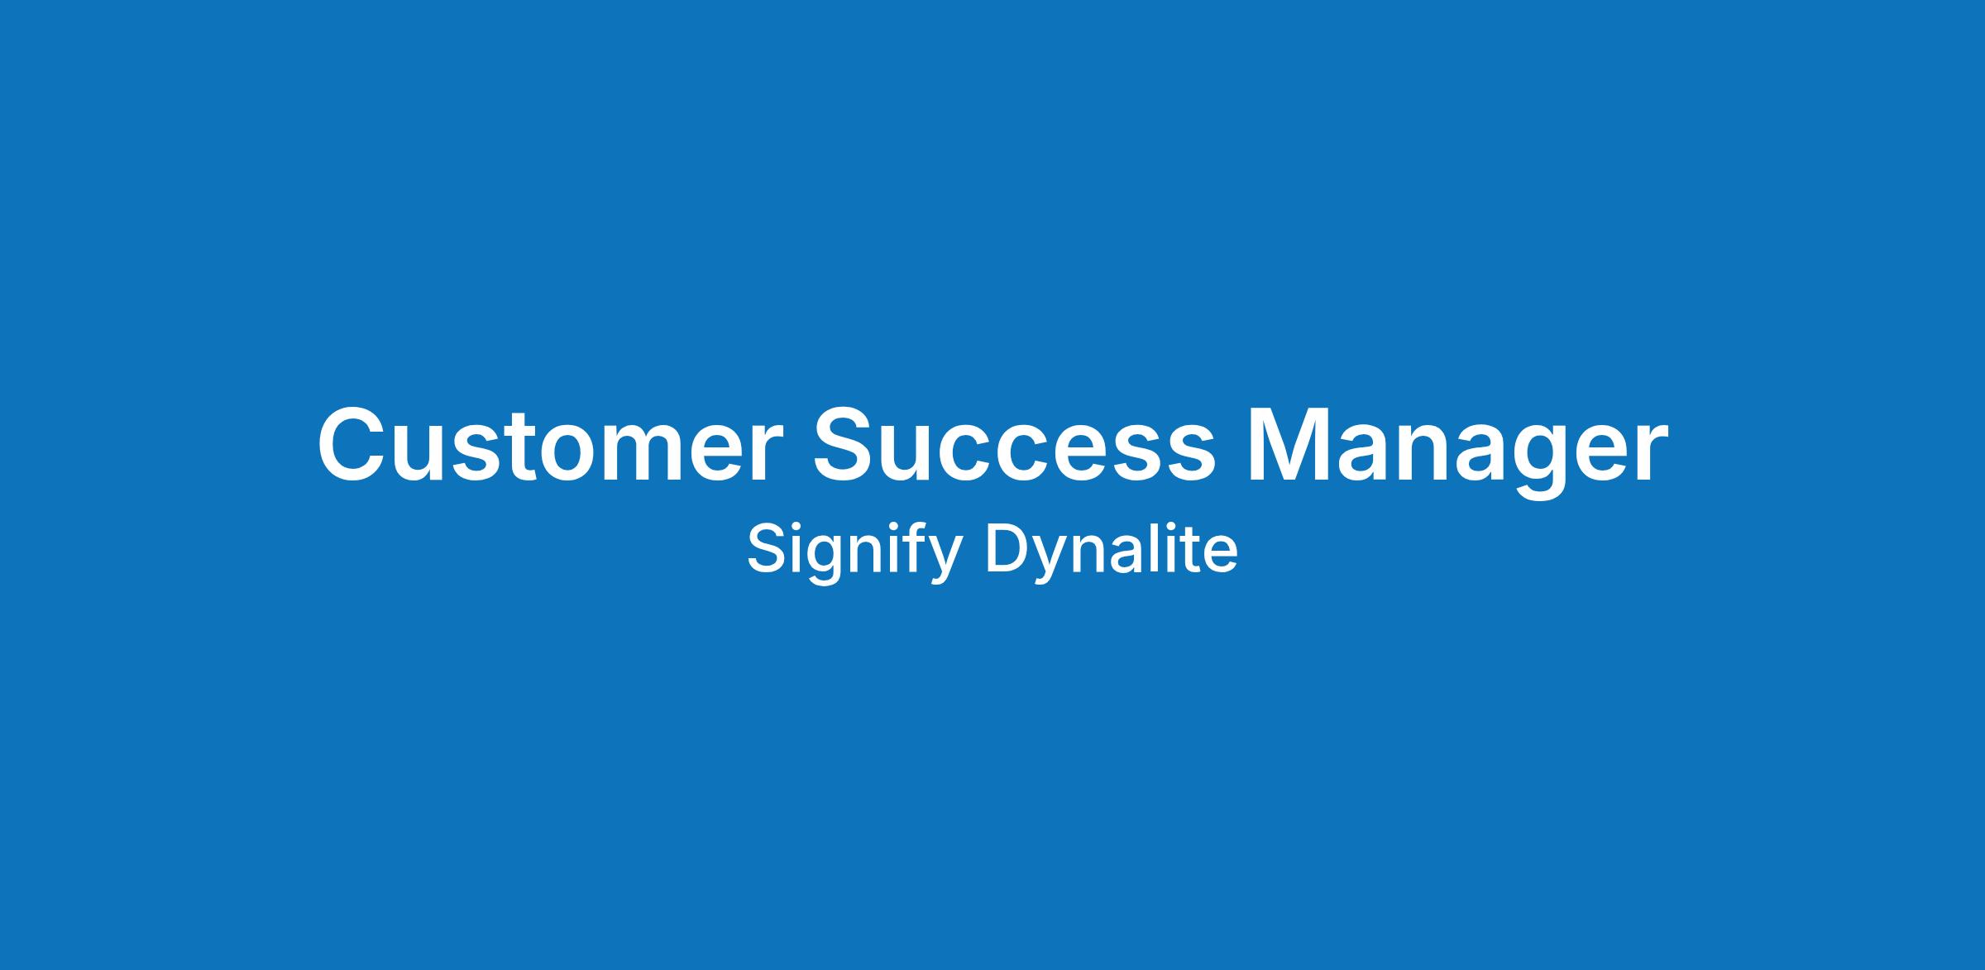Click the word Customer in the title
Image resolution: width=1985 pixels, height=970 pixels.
point(549,444)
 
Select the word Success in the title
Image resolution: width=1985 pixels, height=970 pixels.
point(1015,444)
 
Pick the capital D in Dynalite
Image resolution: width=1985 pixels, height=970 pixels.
point(1008,548)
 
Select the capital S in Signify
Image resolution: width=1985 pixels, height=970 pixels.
point(767,549)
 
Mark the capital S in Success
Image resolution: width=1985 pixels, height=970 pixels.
point(849,444)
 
